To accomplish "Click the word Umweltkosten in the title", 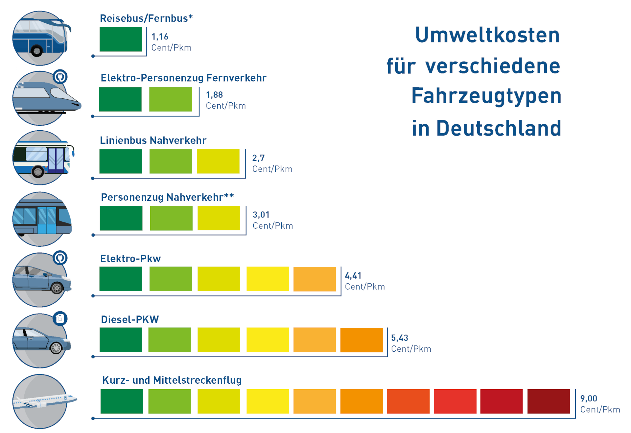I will coord(487,35).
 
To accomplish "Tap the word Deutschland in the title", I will coord(499,128).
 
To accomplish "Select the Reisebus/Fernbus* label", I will coord(146,18).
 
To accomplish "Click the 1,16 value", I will coord(160,37).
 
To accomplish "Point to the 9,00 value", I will coord(589,398).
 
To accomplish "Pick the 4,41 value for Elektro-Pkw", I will coord(353,276).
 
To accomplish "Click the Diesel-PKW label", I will coord(130,319).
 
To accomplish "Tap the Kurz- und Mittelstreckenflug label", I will coord(172,380).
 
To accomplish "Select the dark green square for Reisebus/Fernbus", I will coord(121,39).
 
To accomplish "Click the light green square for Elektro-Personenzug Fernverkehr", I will coord(170,99).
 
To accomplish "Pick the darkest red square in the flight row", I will coord(548,401).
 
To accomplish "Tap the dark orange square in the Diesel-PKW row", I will coord(362,340).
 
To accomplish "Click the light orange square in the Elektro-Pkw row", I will coord(315,279).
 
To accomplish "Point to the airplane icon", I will coord(44,401).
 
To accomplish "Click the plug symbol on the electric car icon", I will coord(60,258).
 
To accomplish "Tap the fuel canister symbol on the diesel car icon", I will coord(60,318).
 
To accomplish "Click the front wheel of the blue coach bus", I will coord(37,51).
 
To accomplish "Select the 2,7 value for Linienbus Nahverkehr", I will coord(258,158).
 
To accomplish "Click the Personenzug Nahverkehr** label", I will coord(167,197).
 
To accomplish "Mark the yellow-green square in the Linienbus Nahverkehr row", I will coord(218,161).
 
